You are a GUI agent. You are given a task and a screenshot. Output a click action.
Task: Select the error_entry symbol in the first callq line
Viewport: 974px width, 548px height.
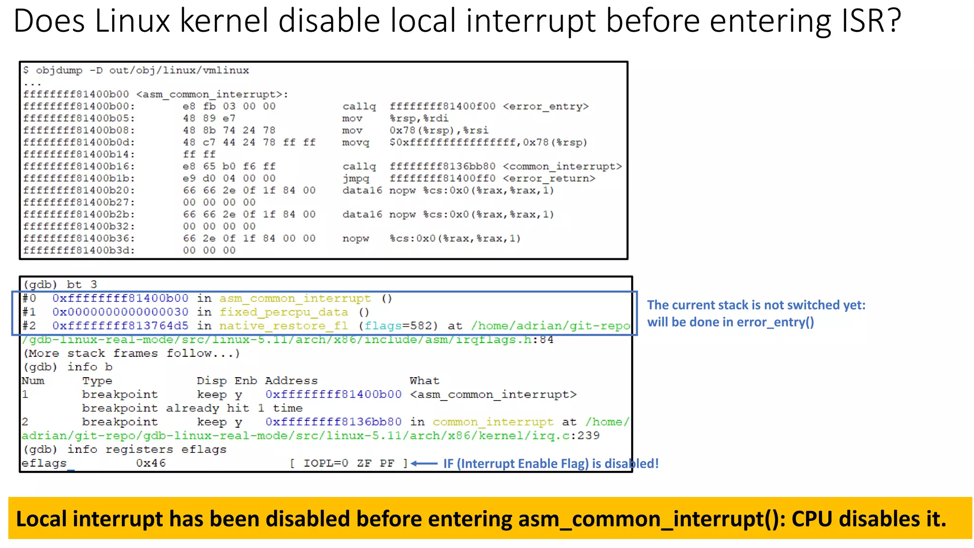coord(545,107)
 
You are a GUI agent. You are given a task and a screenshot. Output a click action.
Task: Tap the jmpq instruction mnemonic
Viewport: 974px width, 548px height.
coord(356,178)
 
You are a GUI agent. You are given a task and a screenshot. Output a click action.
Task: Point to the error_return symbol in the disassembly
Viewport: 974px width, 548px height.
coord(549,178)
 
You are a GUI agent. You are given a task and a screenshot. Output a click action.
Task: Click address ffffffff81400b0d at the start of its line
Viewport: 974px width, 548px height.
coord(79,142)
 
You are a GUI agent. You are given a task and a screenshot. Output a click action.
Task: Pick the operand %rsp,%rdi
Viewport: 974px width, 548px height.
coord(419,118)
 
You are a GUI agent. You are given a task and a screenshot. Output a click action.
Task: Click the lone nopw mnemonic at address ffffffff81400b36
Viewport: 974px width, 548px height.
coord(355,238)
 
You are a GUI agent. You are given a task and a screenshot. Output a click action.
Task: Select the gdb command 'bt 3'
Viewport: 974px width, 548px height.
coord(81,284)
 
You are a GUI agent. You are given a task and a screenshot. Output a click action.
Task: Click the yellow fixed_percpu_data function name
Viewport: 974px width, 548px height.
coord(283,312)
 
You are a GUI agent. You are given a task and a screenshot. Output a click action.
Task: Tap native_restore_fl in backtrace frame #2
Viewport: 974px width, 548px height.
coord(283,326)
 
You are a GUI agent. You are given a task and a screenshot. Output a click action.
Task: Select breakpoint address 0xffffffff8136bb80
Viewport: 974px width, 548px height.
coord(333,422)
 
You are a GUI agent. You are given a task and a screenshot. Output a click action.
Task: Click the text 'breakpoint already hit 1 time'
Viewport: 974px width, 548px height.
coord(192,408)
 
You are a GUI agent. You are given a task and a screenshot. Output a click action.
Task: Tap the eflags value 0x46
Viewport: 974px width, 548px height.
coord(151,463)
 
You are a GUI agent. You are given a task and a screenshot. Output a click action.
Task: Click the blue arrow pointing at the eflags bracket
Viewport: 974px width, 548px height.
coord(424,463)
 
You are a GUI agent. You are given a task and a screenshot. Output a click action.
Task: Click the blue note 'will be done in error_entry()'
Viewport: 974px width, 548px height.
coord(730,323)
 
